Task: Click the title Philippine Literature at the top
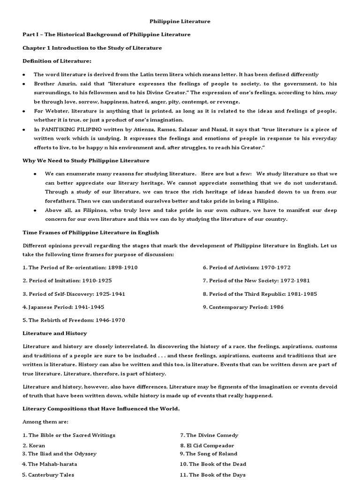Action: coord(180,21)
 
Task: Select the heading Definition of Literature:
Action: coord(57,61)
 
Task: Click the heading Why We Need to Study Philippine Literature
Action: coord(86,160)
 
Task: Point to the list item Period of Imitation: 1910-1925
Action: coord(67,280)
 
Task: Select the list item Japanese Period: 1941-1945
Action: coord(63,307)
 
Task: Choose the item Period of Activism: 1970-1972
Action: coord(247,267)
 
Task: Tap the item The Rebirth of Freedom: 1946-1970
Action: coord(74,320)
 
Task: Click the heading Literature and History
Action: coord(55,333)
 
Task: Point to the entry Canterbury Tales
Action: coord(48,474)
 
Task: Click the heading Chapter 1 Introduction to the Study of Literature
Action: coord(92,48)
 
